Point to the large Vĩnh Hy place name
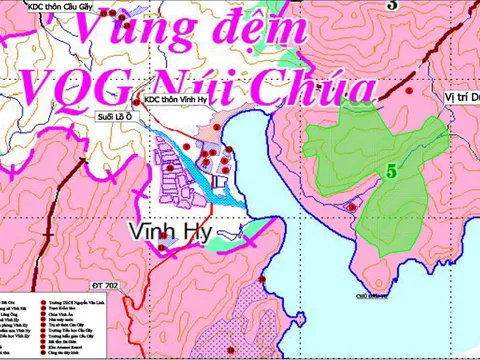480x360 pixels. tap(168, 232)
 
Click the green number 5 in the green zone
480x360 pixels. tap(393, 171)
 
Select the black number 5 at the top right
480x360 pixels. tap(392, 5)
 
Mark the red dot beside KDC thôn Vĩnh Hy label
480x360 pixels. tap(136, 102)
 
